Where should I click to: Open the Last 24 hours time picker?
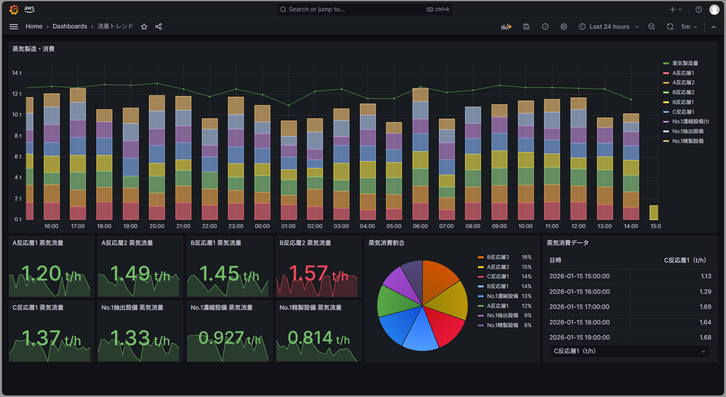609,26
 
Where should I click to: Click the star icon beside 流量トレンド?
144,26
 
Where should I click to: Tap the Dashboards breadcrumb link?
70,26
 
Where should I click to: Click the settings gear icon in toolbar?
563,26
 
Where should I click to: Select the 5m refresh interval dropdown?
689,26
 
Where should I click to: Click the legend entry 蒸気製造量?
685,63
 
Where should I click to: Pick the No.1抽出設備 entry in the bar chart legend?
687,131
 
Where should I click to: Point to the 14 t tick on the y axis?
17,73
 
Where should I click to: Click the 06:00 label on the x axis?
420,226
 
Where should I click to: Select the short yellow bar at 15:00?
653,212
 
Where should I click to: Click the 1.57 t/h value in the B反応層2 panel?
318,274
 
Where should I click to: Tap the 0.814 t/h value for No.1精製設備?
318,338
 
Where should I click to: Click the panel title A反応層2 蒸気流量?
127,243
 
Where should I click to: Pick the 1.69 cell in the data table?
705,307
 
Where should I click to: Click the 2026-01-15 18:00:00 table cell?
579,322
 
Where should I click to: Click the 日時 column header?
555,261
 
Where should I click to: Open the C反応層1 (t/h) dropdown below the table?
630,351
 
